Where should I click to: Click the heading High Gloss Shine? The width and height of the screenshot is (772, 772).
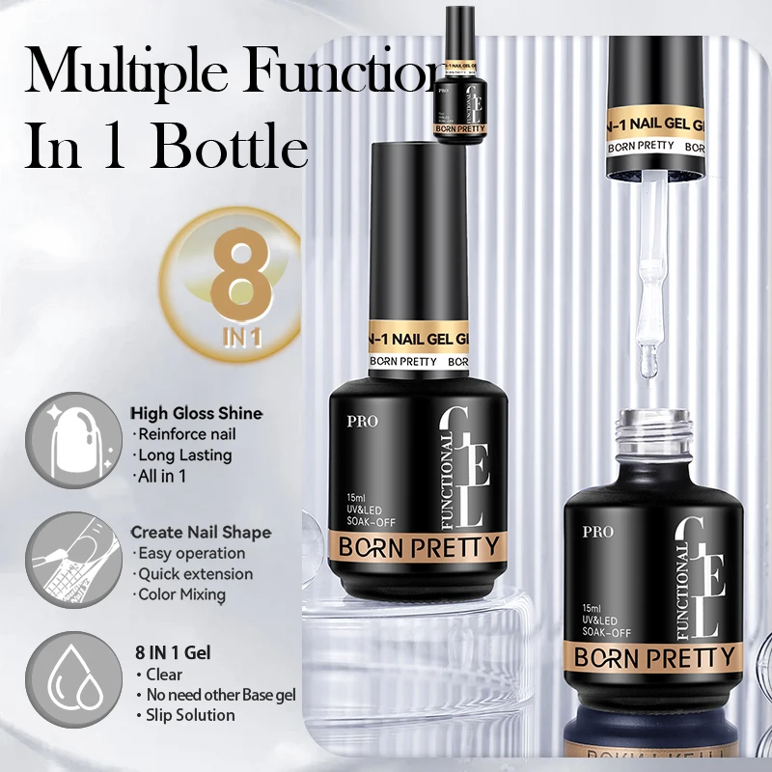pyautogui.click(x=196, y=413)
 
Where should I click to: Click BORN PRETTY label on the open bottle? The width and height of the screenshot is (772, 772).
pyautogui.click(x=655, y=658)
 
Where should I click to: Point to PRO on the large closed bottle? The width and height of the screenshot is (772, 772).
pyautogui.click(x=367, y=422)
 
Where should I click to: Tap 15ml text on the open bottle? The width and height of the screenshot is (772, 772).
pyautogui.click(x=593, y=605)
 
